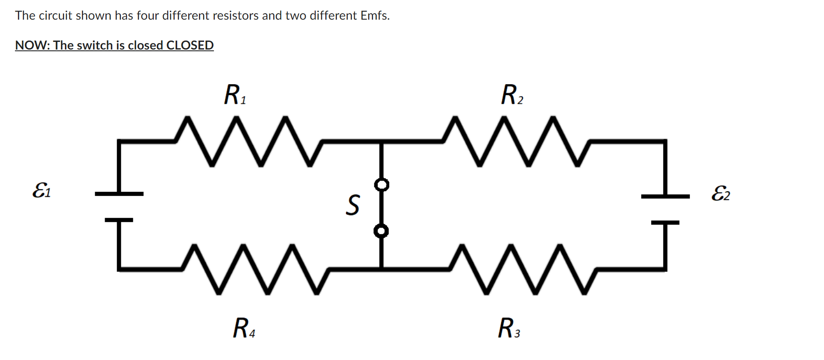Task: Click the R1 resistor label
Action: click(x=235, y=94)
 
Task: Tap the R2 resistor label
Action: click(x=511, y=94)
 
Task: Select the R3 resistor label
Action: click(x=508, y=328)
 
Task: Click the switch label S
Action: click(x=353, y=205)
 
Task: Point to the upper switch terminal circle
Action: click(x=381, y=185)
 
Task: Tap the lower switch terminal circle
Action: click(x=381, y=231)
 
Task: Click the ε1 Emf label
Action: click(x=41, y=190)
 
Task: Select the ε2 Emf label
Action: click(x=720, y=193)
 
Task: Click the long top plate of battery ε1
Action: click(x=119, y=194)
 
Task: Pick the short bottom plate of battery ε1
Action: click(x=119, y=220)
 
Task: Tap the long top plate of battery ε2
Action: click(x=665, y=196)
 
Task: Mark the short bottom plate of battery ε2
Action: click(x=665, y=222)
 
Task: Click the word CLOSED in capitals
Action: click(x=190, y=45)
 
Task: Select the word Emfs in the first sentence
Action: click(x=374, y=16)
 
